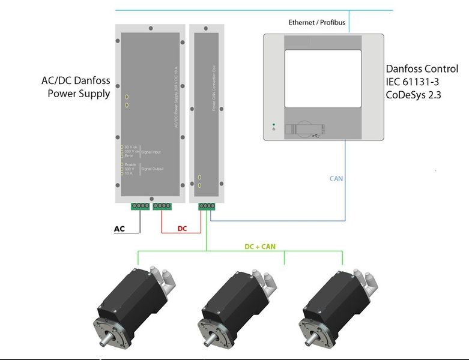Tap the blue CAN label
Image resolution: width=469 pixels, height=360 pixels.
click(x=336, y=179)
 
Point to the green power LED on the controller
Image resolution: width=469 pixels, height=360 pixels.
click(x=273, y=124)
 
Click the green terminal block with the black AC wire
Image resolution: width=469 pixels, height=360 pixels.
click(x=140, y=206)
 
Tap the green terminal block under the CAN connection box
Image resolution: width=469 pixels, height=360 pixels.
click(x=206, y=206)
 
